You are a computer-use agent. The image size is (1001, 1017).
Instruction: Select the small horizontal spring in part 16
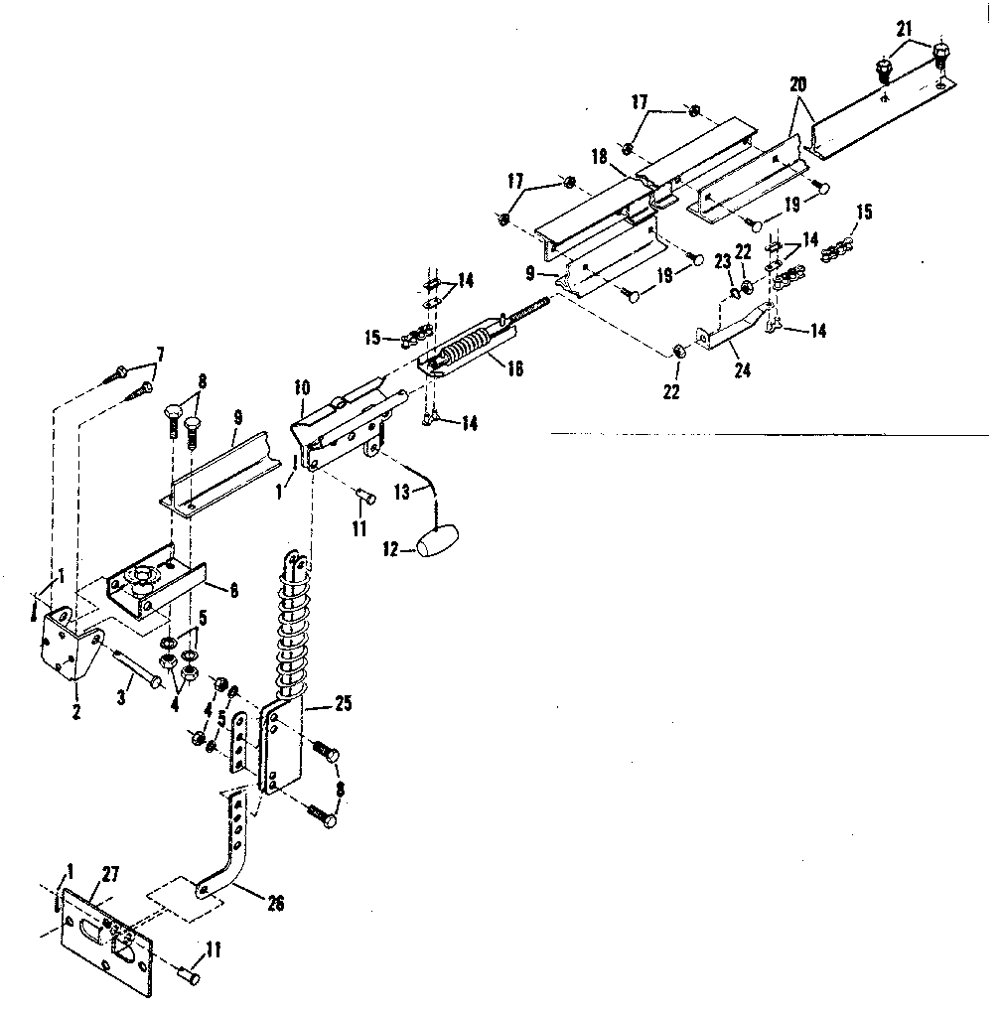[465, 349]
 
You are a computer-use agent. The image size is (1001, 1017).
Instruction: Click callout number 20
[797, 84]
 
